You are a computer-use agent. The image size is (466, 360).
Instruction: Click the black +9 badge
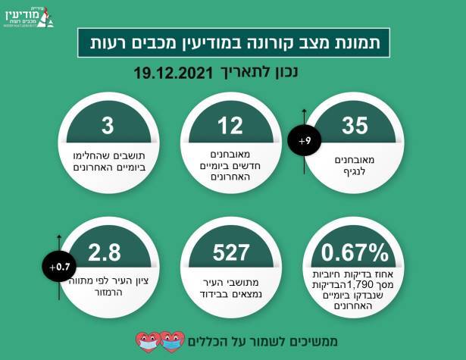(x=304, y=140)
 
